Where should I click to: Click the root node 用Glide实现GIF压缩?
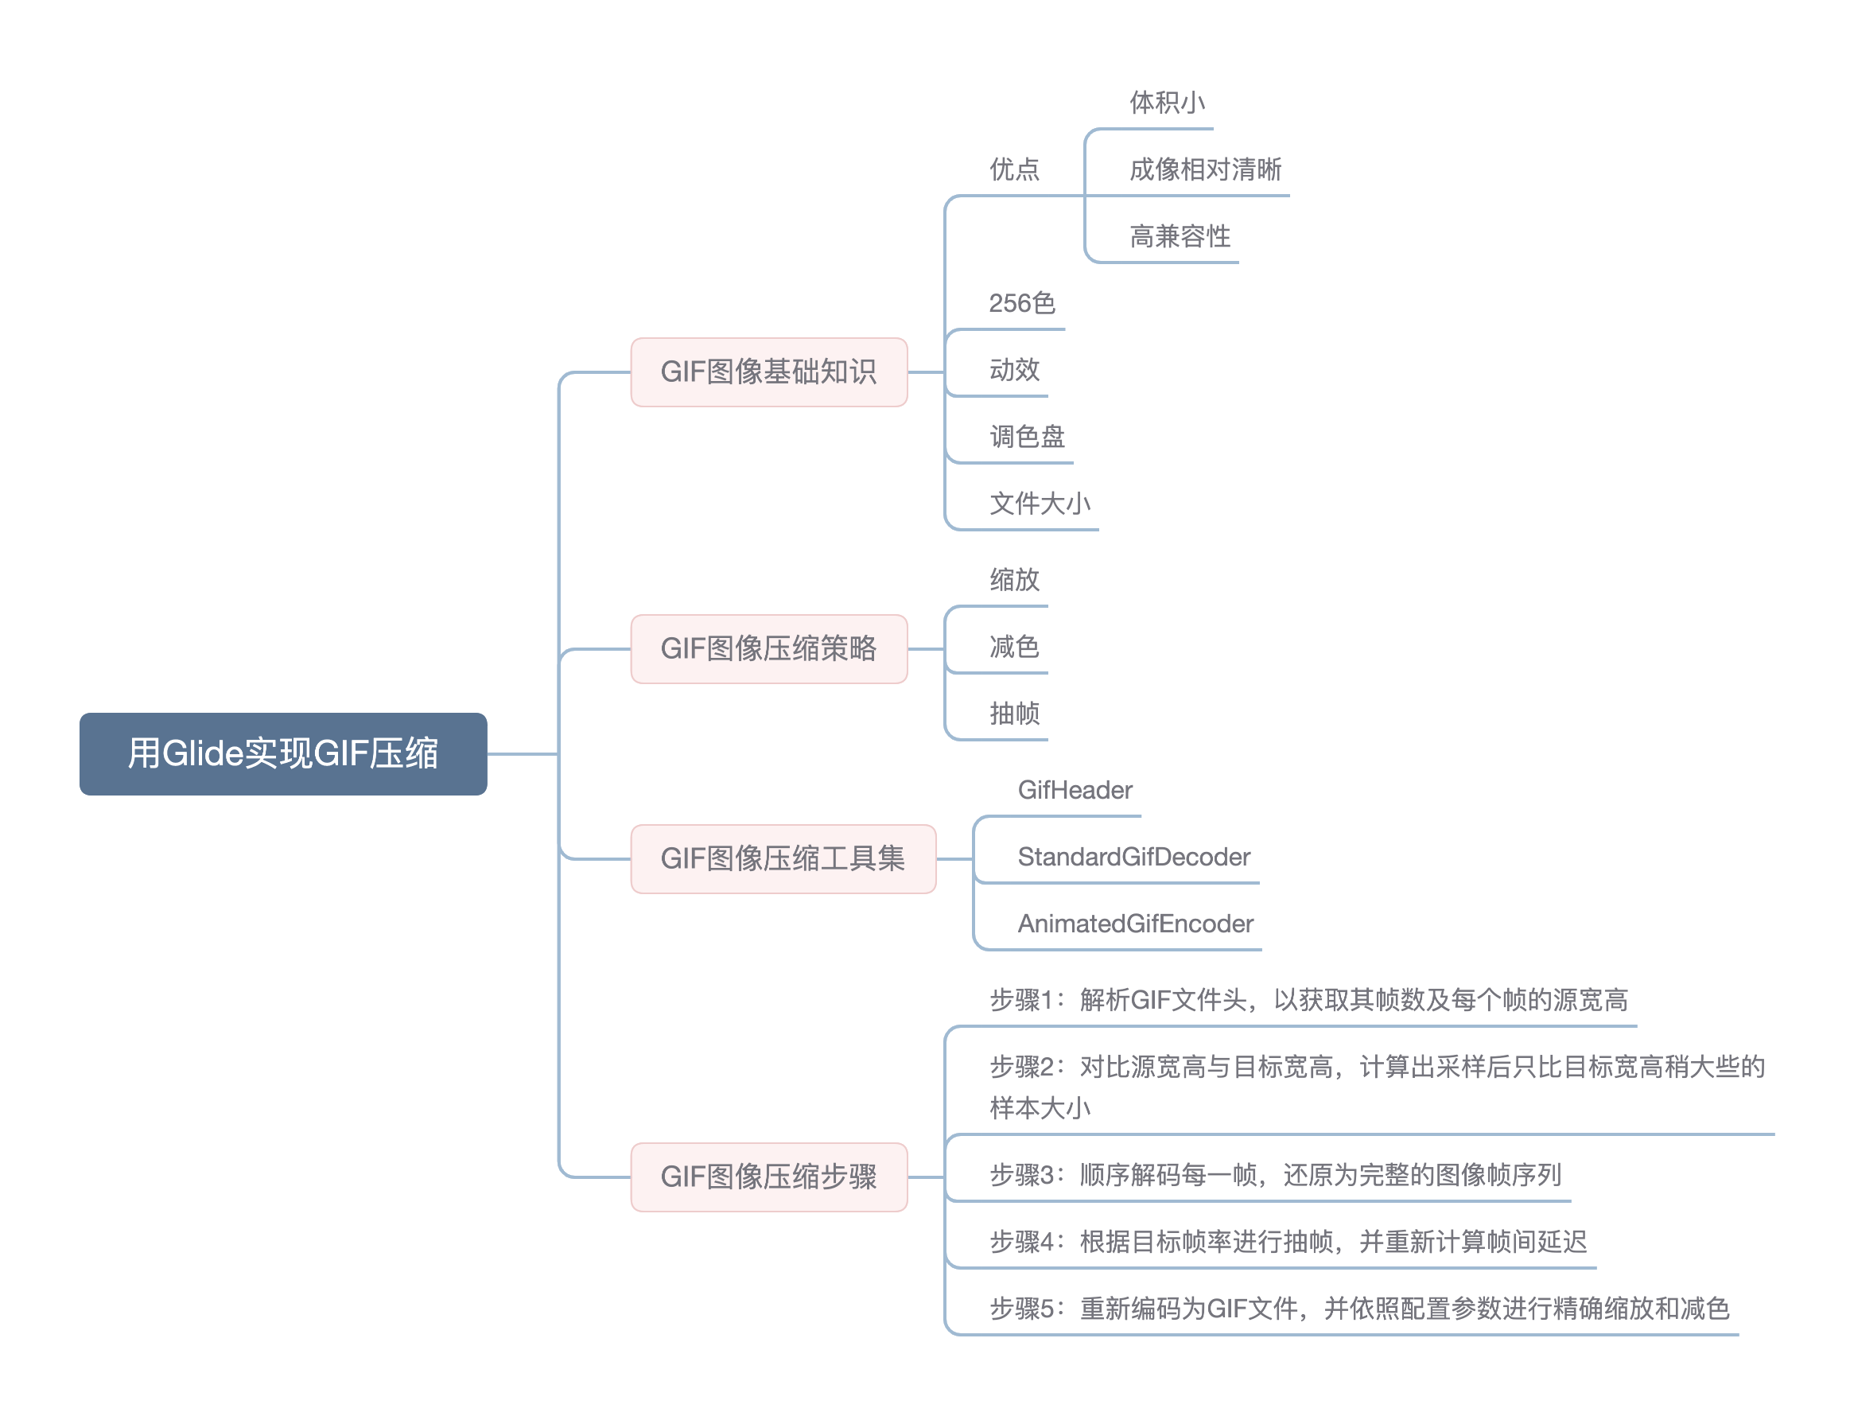(x=282, y=753)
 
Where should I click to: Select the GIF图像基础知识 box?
(x=768, y=372)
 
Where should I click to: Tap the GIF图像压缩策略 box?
(x=768, y=648)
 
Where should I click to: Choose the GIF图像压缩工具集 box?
(x=782, y=858)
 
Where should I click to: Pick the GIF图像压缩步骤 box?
(x=768, y=1176)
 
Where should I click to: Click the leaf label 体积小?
(x=1166, y=103)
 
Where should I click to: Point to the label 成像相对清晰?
(x=1204, y=169)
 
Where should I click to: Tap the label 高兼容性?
(x=1179, y=236)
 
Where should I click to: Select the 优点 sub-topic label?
(x=1014, y=169)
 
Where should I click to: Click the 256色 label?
(x=1021, y=302)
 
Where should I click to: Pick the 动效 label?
(x=1014, y=369)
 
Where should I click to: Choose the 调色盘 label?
(x=1027, y=437)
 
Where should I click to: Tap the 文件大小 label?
(x=1039, y=504)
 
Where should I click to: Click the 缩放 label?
(x=1014, y=579)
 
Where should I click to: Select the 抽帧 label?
(x=1014, y=713)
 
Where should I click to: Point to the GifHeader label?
(x=1075, y=790)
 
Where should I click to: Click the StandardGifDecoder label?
(x=1133, y=856)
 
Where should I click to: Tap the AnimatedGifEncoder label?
(x=1135, y=923)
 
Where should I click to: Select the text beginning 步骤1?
(x=1308, y=1000)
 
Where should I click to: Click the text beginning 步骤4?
(x=1288, y=1241)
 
